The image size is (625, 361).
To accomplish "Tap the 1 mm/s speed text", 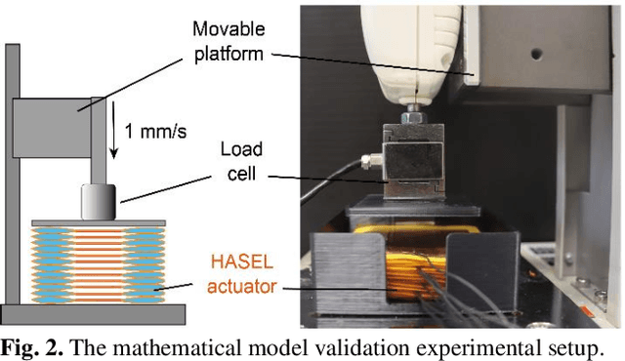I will [x=157, y=129].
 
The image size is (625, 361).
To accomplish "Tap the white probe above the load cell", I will [x=411, y=49].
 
